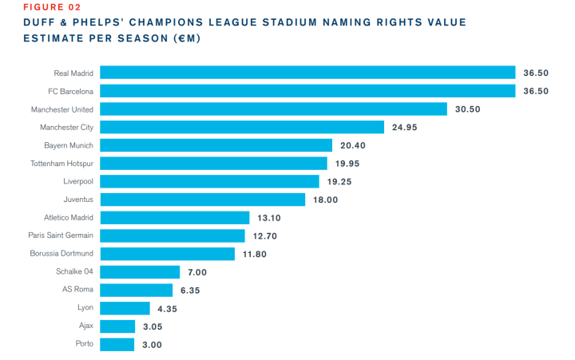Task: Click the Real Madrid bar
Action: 307,73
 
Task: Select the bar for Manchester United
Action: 274,109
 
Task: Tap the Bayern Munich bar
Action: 216,145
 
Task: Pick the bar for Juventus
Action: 203,200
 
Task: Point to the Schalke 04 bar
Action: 141,272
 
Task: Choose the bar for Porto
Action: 117,345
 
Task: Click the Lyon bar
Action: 125,308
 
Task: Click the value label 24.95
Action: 405,127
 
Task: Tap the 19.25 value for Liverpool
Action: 348,182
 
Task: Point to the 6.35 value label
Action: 191,291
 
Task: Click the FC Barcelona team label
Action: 70,91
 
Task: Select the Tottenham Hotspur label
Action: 61,164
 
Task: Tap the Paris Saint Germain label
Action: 60,236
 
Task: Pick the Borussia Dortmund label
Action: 60,254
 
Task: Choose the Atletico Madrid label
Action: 69,218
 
